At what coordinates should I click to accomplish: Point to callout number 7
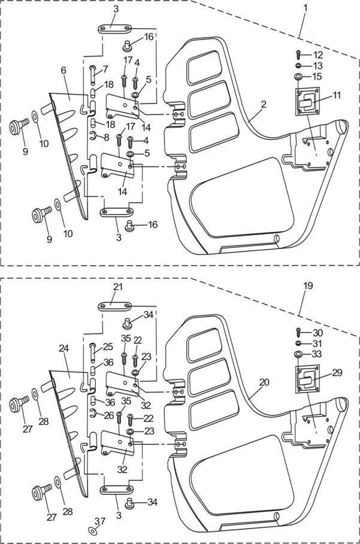(x=105, y=69)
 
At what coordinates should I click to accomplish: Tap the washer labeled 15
(x=298, y=77)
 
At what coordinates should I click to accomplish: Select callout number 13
(x=317, y=65)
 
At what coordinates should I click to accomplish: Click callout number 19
(x=307, y=286)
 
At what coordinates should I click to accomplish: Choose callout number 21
(x=118, y=287)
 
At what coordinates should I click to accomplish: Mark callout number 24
(x=63, y=348)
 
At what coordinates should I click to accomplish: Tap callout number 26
(x=108, y=415)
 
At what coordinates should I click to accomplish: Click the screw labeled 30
(x=298, y=333)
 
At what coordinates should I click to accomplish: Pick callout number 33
(x=317, y=354)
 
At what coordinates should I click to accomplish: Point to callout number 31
(x=317, y=343)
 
